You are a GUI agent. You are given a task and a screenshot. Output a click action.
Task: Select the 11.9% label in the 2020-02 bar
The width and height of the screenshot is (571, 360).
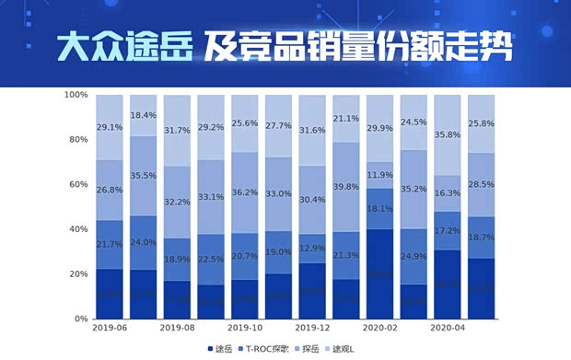[x=380, y=175]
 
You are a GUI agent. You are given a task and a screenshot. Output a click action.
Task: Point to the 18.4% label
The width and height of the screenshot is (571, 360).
[x=144, y=115]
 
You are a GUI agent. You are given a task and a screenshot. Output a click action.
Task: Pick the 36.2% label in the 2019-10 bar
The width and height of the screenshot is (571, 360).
[x=245, y=192]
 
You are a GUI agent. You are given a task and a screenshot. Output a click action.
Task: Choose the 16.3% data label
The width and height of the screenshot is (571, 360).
[x=448, y=193]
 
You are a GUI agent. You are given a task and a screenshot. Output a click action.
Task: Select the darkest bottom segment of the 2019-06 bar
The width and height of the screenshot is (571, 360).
[x=110, y=294]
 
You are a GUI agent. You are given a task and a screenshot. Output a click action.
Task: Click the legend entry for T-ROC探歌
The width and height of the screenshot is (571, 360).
[x=272, y=349]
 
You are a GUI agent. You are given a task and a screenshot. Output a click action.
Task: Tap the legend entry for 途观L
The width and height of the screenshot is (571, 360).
[x=368, y=349]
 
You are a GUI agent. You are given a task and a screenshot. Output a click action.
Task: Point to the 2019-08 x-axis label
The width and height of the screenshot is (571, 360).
[x=177, y=327]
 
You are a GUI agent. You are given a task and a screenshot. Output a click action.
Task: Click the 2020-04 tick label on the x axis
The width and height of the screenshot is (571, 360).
[x=448, y=327]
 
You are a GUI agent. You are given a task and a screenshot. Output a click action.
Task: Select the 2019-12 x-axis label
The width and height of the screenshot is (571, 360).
[x=312, y=327]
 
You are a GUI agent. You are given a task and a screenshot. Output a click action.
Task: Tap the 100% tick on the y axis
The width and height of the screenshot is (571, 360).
[x=76, y=95]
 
